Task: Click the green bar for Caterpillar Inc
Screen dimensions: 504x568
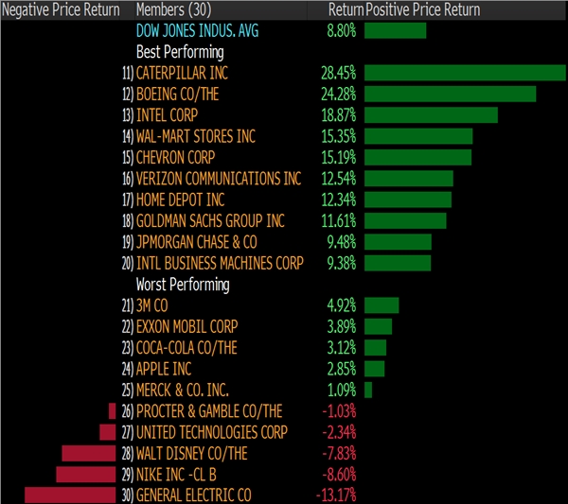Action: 464,73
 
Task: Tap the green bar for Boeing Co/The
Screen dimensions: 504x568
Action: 450,94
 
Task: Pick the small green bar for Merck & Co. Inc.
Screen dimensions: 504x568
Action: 368,390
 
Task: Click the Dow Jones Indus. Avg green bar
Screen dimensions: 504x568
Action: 395,30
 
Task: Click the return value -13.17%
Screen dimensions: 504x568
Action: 336,495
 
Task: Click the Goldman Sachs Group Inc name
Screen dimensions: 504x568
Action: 210,220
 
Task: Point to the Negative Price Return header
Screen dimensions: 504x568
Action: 61,9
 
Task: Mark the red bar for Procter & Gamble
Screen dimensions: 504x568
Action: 117,410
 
